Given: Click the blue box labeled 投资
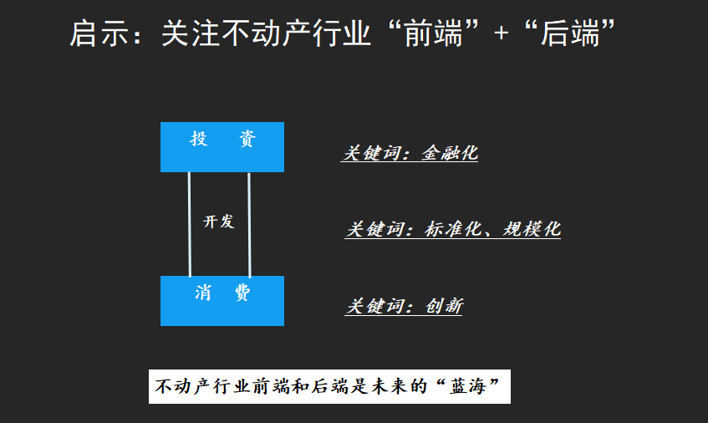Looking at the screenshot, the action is [x=222, y=147].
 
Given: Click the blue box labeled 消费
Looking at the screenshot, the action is [x=222, y=300].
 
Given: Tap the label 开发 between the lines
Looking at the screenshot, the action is [x=219, y=222].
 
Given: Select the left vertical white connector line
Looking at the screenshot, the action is [x=190, y=224].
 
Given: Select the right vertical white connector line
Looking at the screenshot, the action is [x=249, y=224].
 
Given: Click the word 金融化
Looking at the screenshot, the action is [x=450, y=153].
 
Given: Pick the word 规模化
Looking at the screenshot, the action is [x=532, y=229].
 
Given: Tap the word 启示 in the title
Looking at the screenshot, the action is [x=93, y=35].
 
